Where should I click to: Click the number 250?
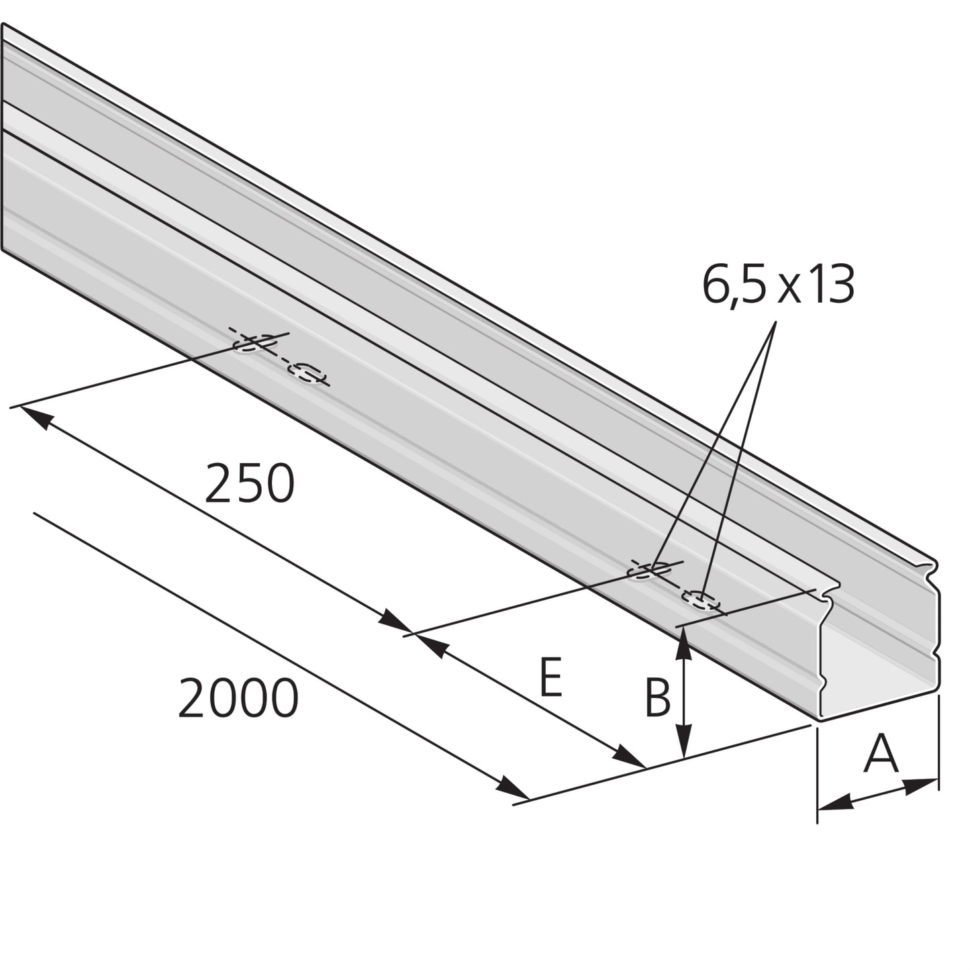(249, 483)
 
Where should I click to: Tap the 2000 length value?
(238, 697)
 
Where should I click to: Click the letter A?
(881, 753)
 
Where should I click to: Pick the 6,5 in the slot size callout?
(734, 286)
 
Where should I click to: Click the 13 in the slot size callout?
(830, 285)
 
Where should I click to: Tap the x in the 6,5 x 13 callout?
(789, 291)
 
